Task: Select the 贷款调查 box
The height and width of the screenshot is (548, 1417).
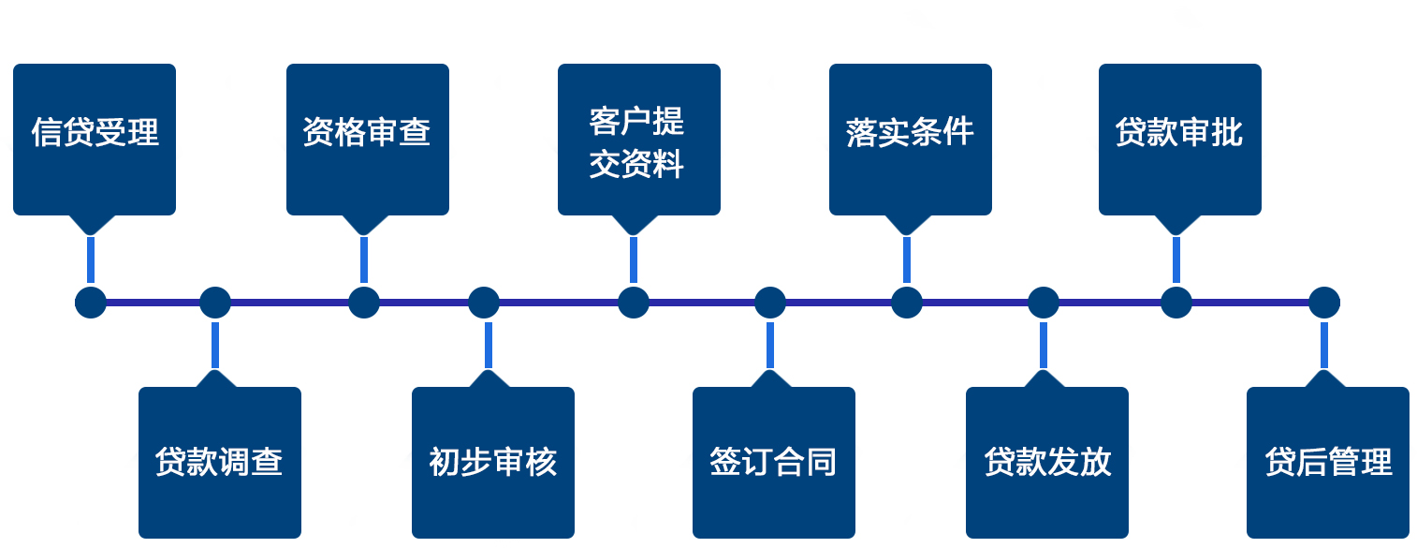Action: tap(220, 462)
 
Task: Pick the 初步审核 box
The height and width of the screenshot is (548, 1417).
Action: tap(493, 462)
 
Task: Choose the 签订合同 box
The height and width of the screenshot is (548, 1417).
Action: tap(774, 462)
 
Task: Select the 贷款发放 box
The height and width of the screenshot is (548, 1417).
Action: tap(1047, 462)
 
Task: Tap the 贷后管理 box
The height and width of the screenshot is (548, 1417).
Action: tap(1328, 462)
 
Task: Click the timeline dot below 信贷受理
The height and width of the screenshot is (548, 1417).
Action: tap(91, 303)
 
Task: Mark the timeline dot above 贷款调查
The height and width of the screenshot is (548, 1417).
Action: tap(215, 303)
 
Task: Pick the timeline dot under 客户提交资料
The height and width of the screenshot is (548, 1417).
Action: tap(634, 303)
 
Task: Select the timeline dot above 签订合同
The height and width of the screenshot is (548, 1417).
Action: tap(770, 303)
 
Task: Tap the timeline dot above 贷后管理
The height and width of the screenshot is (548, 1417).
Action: tap(1324, 303)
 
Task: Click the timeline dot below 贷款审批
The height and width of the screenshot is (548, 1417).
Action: tap(1176, 303)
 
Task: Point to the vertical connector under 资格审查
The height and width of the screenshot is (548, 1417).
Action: tap(364, 259)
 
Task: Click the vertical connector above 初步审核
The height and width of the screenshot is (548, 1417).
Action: tap(489, 345)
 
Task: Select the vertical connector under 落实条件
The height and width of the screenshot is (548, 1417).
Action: tap(907, 259)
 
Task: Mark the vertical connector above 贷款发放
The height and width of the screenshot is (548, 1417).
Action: tap(1044, 345)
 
